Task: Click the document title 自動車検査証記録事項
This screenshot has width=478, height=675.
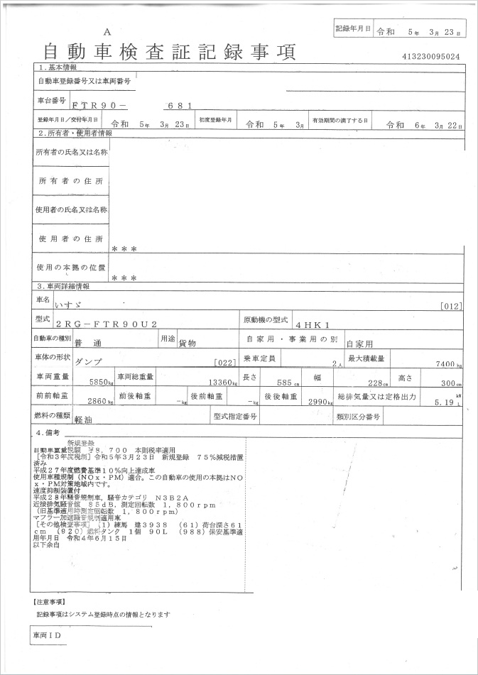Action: pos(170,52)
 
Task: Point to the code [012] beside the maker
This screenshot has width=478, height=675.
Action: pos(450,306)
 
